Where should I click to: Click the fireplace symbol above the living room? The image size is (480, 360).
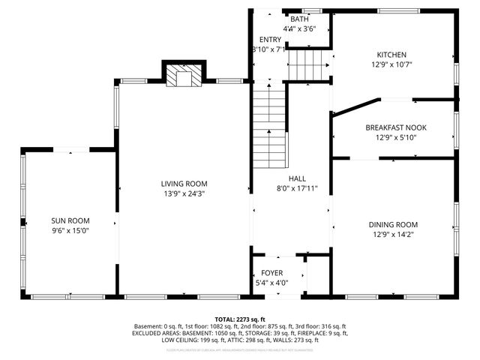(183, 75)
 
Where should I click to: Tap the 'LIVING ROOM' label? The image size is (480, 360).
(184, 184)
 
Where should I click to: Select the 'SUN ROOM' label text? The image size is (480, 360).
(70, 220)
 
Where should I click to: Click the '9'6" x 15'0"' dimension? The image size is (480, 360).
(70, 231)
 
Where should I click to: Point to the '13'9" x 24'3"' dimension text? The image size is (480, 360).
(184, 193)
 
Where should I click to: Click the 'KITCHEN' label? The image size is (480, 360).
(391, 55)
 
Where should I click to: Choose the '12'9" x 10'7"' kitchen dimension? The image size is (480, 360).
(391, 64)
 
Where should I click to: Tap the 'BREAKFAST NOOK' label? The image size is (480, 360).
(394, 127)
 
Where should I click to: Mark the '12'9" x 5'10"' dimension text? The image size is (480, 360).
(394, 137)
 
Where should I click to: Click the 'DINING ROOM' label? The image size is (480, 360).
(392, 224)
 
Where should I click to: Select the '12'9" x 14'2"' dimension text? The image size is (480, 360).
(392, 235)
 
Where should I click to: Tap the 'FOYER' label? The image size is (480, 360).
(271, 273)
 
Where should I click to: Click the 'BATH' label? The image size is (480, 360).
(299, 19)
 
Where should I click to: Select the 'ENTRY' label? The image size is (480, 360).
(270, 39)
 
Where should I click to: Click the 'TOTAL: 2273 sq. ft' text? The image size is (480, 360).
(240, 319)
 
